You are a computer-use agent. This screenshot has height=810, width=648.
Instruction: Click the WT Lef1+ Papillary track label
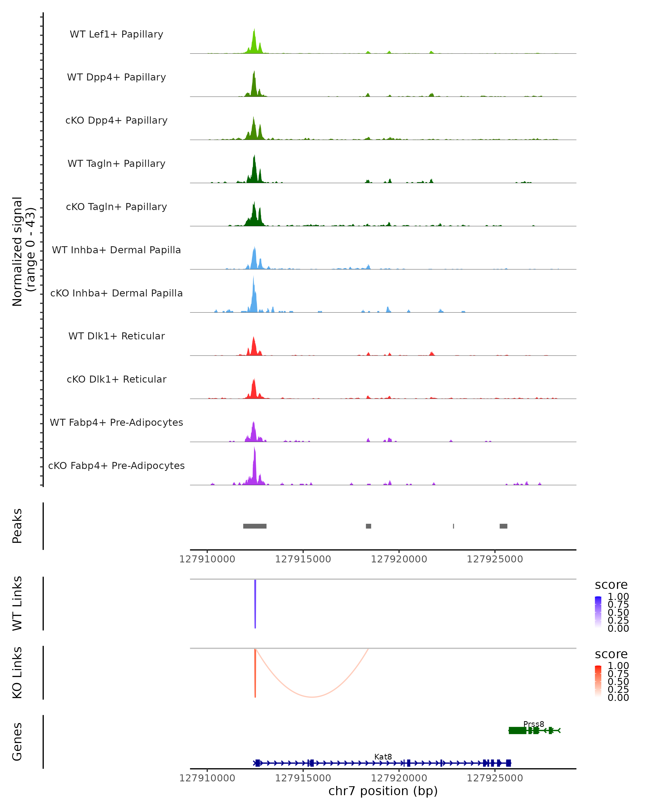(116, 34)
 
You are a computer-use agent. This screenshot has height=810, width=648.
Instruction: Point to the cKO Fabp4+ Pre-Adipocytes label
(116, 465)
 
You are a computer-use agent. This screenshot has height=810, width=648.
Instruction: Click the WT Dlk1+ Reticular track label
(116, 336)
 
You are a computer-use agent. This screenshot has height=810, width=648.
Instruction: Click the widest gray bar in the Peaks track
(255, 526)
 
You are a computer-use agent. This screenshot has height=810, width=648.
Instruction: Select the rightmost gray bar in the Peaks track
(503, 526)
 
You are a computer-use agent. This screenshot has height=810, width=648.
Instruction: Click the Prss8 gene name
(534, 724)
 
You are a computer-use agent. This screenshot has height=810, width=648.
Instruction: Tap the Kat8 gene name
(383, 757)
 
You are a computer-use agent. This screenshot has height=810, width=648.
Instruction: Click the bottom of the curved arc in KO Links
(312, 697)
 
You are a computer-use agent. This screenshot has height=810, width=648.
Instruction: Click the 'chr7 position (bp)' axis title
(383, 791)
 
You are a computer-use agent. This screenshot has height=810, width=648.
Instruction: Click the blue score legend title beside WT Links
(611, 585)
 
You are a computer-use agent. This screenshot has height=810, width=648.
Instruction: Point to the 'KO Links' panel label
(17, 673)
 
